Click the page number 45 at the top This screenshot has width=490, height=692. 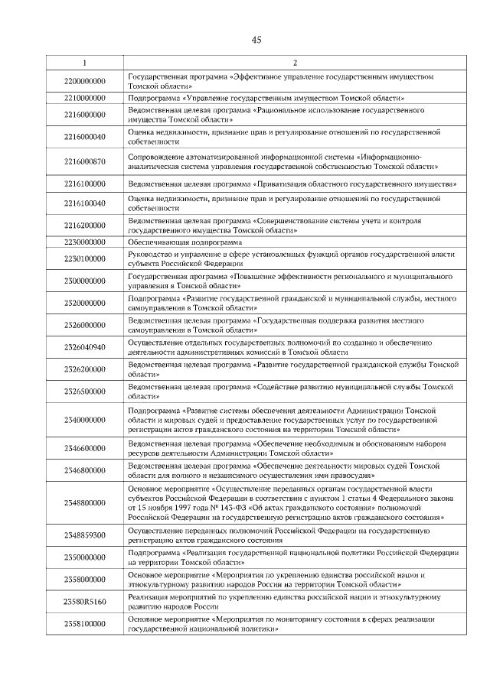[x=256, y=41]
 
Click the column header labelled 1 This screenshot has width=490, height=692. [x=84, y=63]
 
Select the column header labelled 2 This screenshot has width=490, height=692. [x=295, y=63]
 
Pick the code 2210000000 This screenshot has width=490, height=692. [x=84, y=99]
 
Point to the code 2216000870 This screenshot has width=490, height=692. [x=84, y=162]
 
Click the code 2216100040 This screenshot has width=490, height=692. [x=84, y=205]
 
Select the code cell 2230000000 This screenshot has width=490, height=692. [x=84, y=242]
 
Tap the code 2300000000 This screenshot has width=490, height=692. [x=84, y=281]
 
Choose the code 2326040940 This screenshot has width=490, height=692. [x=84, y=347]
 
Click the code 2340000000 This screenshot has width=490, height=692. [x=84, y=420]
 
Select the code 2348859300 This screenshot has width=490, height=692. [x=84, y=535]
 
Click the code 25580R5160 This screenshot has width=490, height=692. [x=84, y=601]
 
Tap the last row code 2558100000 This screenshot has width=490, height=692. [x=84, y=623]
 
